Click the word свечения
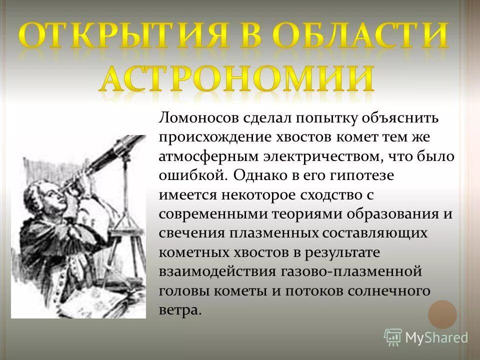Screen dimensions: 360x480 [x=191, y=232]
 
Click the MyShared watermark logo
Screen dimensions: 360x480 [x=426, y=337]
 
